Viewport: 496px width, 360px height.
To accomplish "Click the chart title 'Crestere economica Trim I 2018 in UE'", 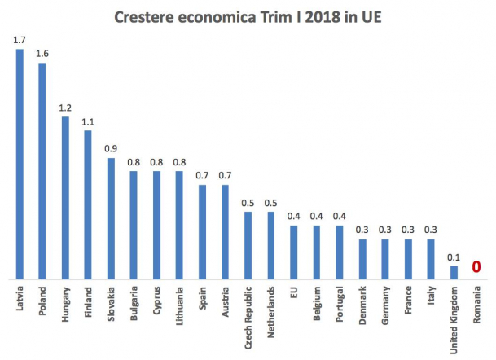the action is pos(248,17).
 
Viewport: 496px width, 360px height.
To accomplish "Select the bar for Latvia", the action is pos(20,165).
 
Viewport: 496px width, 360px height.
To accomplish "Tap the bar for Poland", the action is pos(42,171).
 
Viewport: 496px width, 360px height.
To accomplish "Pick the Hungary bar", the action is pos(65,198).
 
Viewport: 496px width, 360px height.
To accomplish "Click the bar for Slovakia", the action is pos(111,218).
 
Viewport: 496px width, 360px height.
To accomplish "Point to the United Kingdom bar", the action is pos(454,273).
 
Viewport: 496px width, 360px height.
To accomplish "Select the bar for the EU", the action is pos(293,252).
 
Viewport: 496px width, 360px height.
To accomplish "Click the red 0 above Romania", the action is pos(476,267).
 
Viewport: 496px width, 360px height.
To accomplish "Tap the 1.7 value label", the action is pos(20,40).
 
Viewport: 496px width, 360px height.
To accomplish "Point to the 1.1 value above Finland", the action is pos(88,122).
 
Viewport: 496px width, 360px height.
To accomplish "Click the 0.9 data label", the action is pos(111,148).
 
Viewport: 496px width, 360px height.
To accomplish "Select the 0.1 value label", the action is pos(454,257).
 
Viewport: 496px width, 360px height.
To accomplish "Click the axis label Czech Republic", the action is pos(248,318).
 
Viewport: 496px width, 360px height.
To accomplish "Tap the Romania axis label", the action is pos(476,305).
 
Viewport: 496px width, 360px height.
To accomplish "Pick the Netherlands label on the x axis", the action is pos(270,312).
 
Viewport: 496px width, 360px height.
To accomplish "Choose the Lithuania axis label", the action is pos(179,306).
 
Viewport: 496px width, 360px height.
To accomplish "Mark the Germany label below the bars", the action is pos(385,305).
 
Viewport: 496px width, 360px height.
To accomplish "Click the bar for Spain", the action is pos(202,232).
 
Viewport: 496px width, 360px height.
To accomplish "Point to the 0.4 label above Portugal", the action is pos(340,216).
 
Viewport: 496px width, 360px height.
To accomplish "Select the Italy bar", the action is pos(431,259).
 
